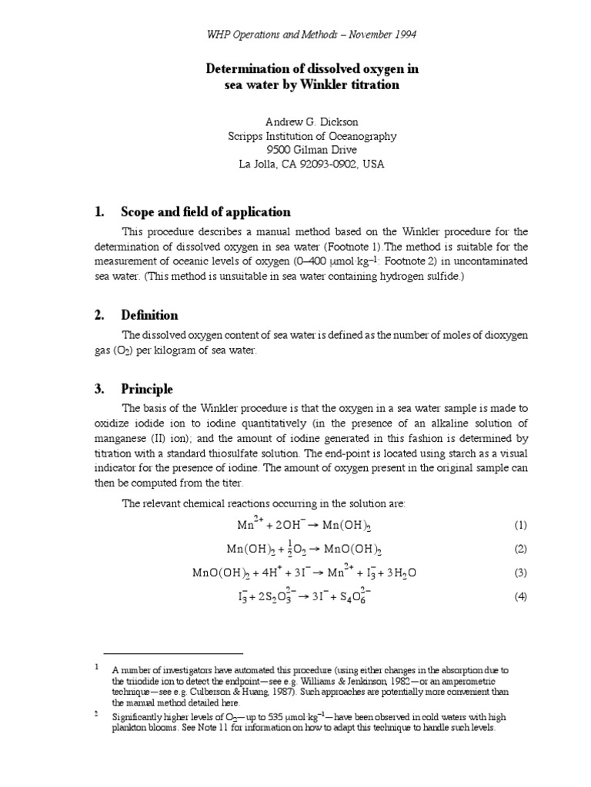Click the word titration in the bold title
373,85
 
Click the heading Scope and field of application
205,211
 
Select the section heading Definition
149,314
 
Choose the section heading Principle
146,389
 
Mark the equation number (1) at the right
520,526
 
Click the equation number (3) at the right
520,573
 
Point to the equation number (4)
520,597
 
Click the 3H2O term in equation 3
399,573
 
